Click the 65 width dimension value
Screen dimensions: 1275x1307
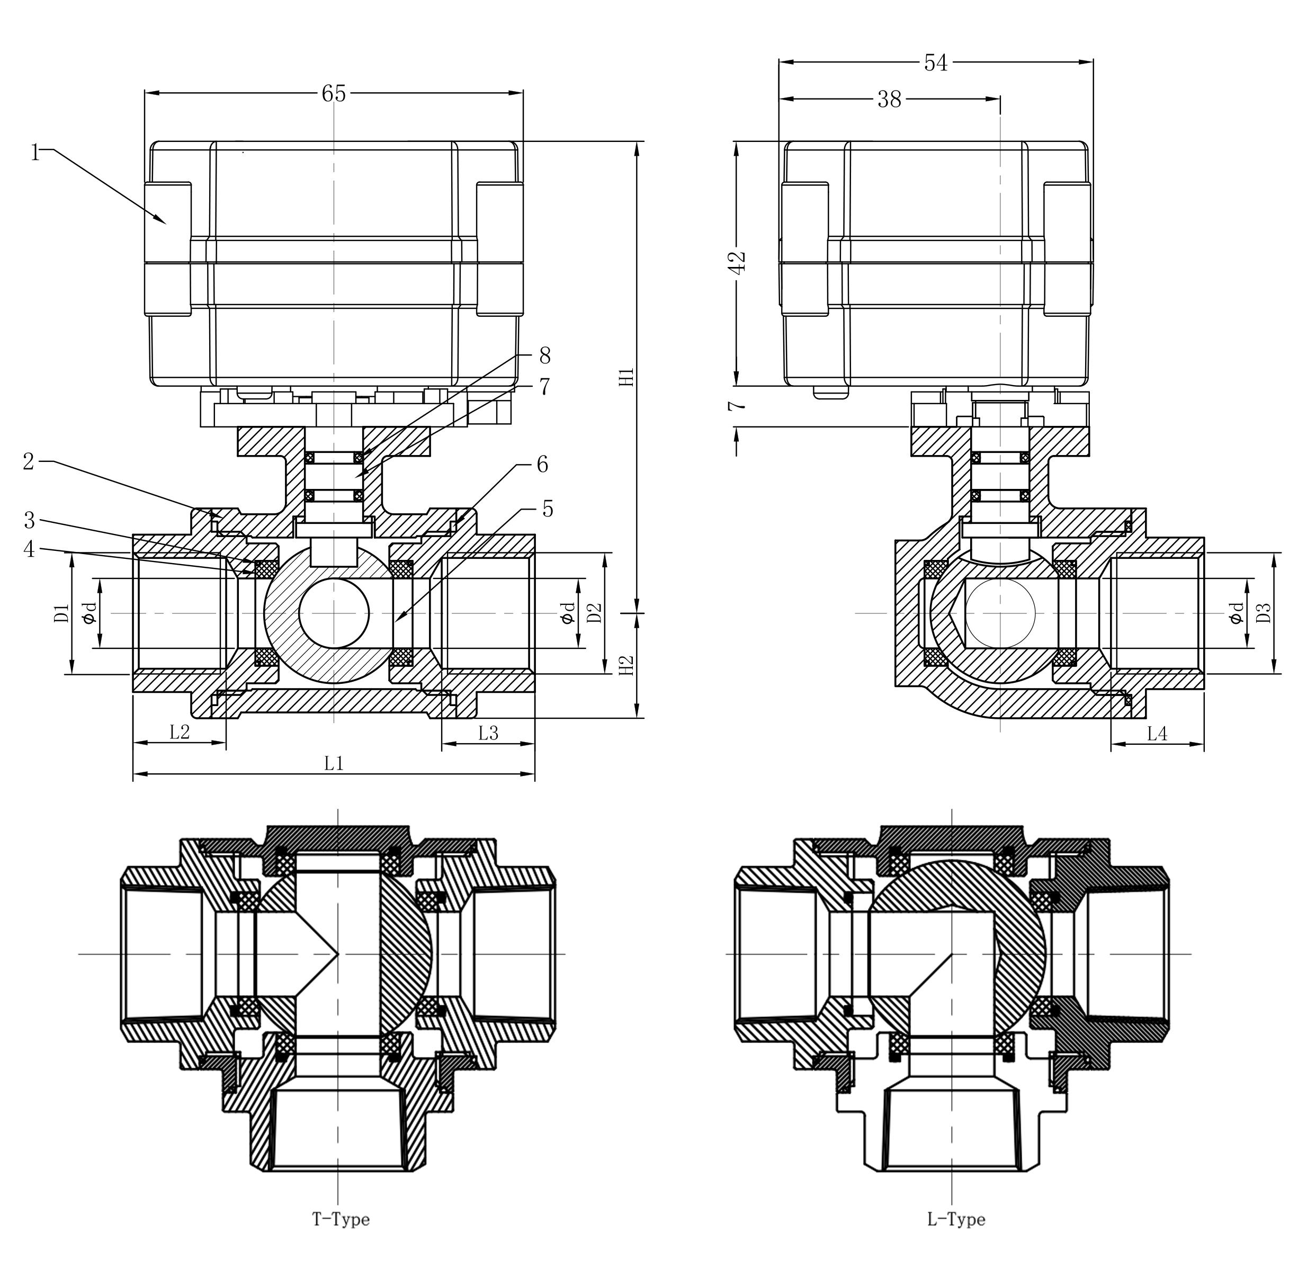(x=334, y=94)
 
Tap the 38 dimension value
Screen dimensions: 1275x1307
(x=889, y=100)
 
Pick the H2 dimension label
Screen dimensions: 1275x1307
(x=626, y=664)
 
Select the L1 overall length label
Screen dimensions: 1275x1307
(x=334, y=763)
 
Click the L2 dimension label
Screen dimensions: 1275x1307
(x=180, y=732)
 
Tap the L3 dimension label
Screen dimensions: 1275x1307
(x=488, y=733)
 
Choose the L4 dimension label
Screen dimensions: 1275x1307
(x=1157, y=734)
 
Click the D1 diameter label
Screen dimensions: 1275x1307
(x=61, y=613)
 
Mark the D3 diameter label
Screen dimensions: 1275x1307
(x=1263, y=613)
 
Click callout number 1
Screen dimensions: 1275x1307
(x=35, y=153)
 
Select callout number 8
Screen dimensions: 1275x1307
(x=544, y=355)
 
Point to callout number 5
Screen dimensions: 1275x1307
(x=548, y=509)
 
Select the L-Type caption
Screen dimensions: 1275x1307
(x=955, y=1219)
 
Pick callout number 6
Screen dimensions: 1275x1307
(x=542, y=464)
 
